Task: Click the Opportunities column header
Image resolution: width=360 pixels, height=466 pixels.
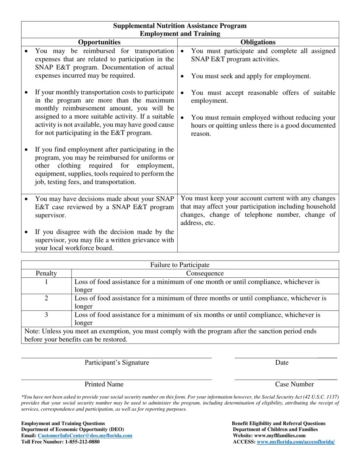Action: point(99,42)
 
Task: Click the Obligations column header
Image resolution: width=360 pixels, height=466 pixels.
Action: point(258,42)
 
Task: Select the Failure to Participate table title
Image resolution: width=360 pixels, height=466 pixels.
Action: point(180,265)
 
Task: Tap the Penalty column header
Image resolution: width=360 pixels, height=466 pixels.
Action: point(46,273)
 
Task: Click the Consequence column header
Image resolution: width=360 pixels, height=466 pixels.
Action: point(205,273)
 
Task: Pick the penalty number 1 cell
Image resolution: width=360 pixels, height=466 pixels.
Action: point(46,282)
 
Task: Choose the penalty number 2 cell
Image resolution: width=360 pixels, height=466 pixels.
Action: point(46,298)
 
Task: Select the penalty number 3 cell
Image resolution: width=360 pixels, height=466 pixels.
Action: point(46,315)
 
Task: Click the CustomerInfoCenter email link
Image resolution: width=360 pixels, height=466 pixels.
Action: point(85,436)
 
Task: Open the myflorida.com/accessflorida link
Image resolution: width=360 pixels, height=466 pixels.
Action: point(296,442)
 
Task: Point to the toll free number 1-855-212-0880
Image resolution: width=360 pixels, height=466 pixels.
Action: point(82,442)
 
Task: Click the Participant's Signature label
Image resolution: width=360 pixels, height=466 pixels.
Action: point(117,363)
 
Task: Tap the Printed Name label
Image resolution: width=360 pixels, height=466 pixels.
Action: point(104,384)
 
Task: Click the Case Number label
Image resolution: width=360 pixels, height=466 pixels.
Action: point(294,384)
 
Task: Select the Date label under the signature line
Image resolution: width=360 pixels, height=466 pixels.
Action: point(282,363)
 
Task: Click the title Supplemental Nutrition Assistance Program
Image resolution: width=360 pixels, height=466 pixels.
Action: point(180,26)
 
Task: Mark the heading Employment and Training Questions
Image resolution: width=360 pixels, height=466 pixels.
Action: point(63,423)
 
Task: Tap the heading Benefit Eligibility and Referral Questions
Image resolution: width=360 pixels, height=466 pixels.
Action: point(279,423)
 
